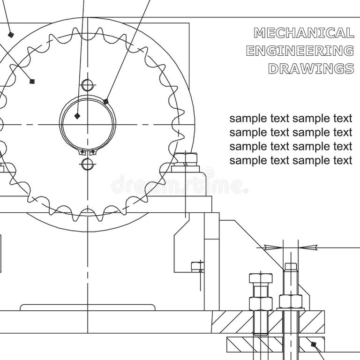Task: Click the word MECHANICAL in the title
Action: (304, 33)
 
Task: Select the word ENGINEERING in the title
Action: (300, 51)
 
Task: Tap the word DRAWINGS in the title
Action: (311, 68)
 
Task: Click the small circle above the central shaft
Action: (87, 85)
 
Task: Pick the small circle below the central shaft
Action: (87, 164)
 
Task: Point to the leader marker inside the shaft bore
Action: (77, 115)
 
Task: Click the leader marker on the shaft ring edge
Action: (106, 101)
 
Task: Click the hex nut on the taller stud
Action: (291, 300)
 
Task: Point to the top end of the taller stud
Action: (291, 267)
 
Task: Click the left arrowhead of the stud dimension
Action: (271, 247)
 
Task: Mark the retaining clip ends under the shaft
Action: (87, 152)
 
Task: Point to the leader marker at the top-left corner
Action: (10, 34)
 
